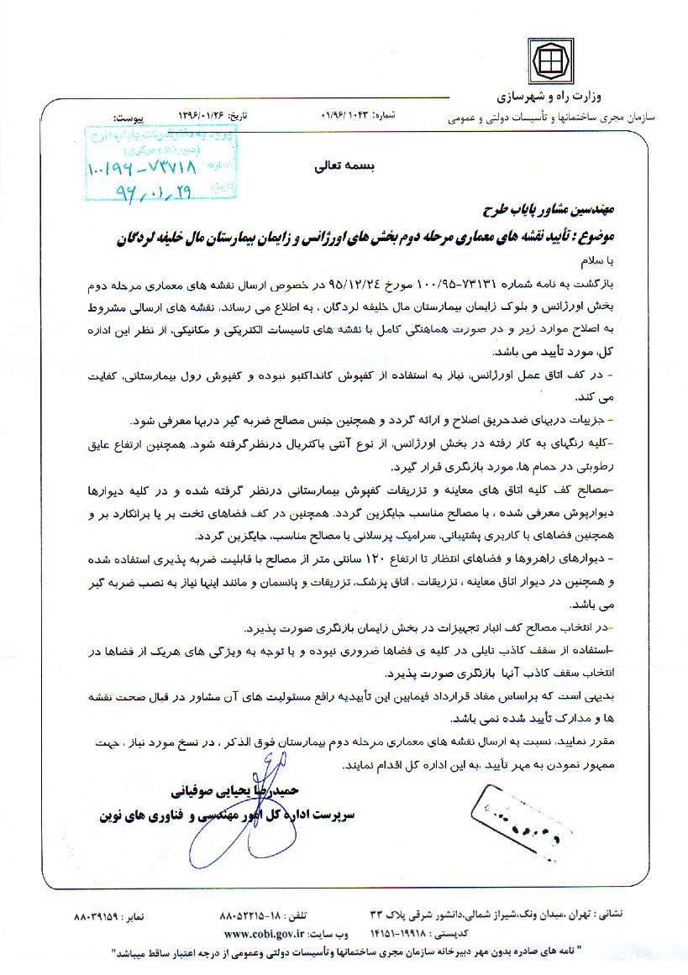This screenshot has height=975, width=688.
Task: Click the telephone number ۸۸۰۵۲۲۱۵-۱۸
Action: pyautogui.click(x=249, y=916)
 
